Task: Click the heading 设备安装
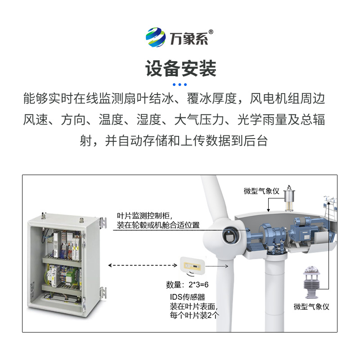point(180,68)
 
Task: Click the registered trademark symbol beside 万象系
point(211,32)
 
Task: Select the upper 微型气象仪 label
point(261,191)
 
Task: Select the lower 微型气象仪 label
point(311,307)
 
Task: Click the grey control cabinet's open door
point(93,261)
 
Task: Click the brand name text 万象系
point(189,39)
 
